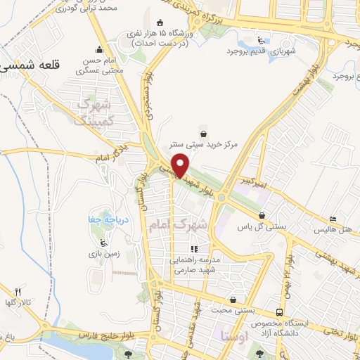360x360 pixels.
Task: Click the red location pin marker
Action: pyautogui.click(x=181, y=165)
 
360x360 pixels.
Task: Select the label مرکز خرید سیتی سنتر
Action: pyautogui.click(x=207, y=144)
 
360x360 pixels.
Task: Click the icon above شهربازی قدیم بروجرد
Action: pyautogui.click(x=262, y=39)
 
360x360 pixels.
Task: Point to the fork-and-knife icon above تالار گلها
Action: pyautogui.click(x=19, y=291)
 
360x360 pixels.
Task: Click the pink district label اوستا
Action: pyautogui.click(x=234, y=335)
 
